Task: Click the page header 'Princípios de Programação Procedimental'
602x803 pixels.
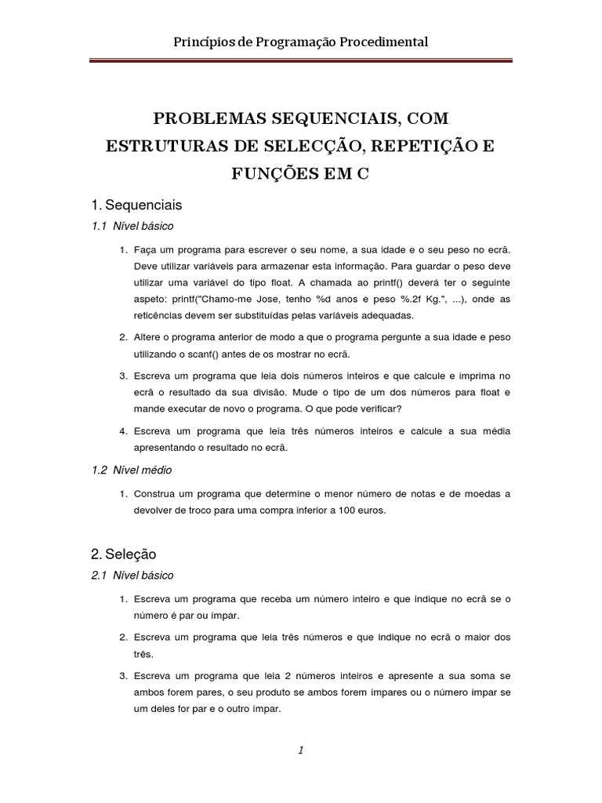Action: pos(300,42)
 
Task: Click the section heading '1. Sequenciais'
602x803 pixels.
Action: pos(136,205)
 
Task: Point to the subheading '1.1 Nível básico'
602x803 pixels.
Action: pos(132,226)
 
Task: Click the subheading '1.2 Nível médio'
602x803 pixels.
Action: pos(132,471)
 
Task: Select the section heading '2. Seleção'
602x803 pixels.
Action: pos(124,554)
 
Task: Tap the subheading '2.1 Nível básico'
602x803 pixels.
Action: pos(132,576)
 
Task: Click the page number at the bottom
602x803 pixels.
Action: pos(300,750)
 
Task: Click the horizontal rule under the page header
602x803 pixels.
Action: pos(300,60)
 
